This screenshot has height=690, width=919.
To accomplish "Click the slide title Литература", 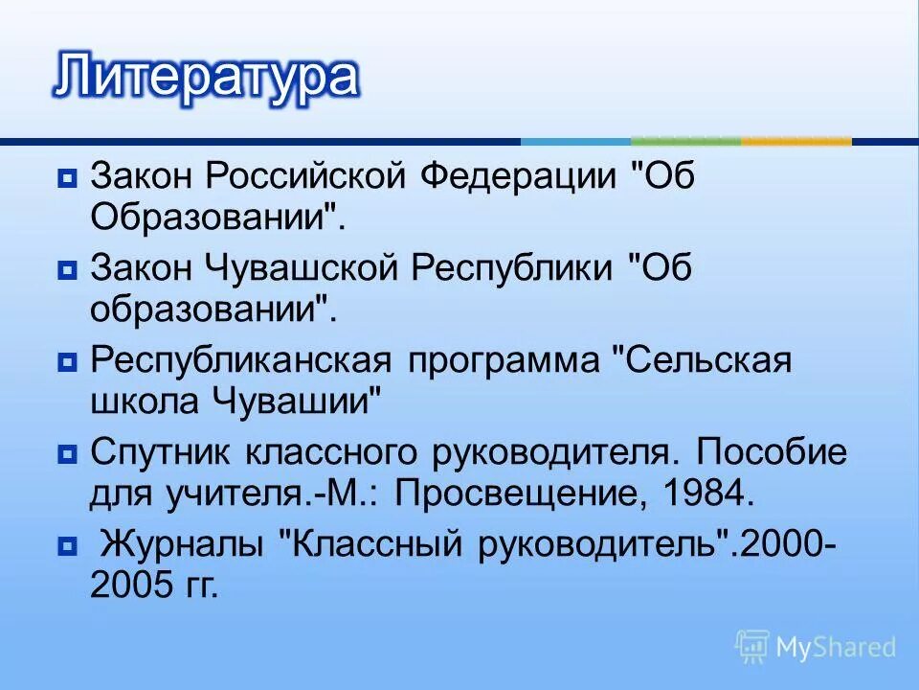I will pos(206,77).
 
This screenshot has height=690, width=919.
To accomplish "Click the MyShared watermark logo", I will pos(816,647).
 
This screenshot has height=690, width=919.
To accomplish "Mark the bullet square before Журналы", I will pos(67,546).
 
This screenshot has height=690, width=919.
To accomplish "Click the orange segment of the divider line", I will pos(796,142).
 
